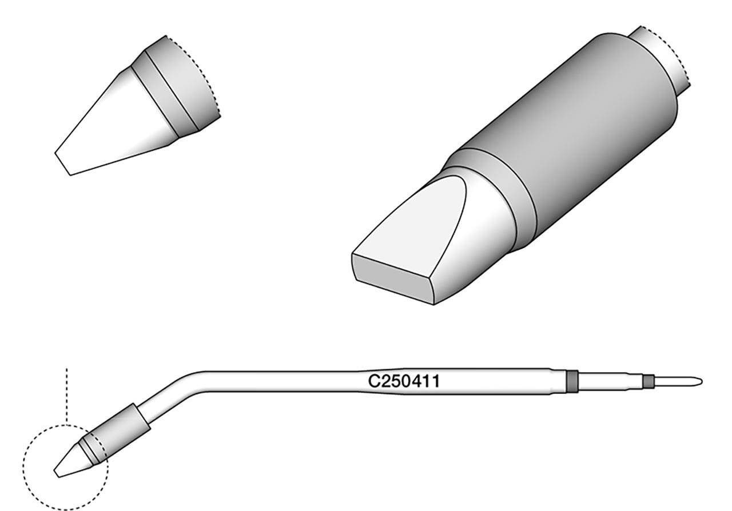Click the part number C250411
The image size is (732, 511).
(x=404, y=381)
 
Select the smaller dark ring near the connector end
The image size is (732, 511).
(x=647, y=381)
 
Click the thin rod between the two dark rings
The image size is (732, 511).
(x=609, y=381)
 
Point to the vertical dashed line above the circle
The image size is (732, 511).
(x=67, y=394)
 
